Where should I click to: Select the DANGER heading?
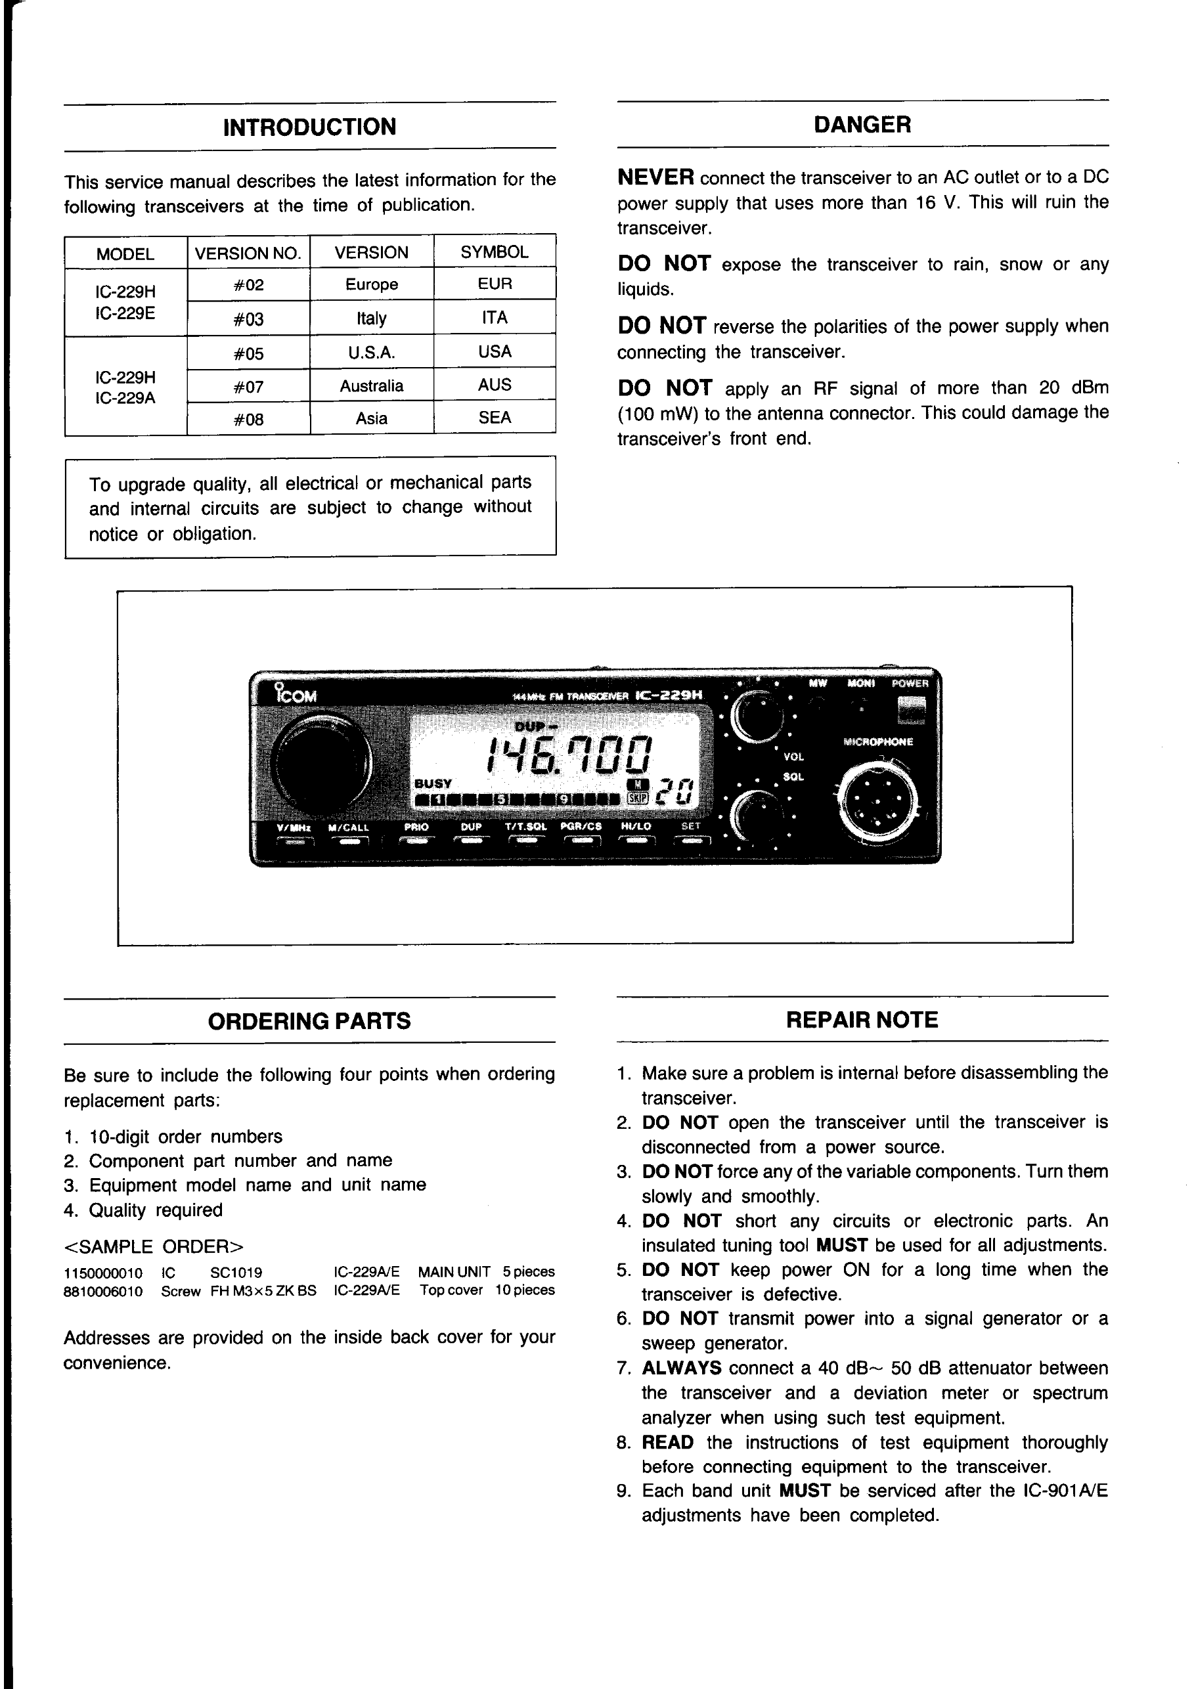pos(862,125)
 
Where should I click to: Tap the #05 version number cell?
pos(249,354)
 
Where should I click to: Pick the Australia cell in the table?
pos(372,386)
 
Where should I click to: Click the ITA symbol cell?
pos(495,318)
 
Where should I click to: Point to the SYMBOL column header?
pos(495,252)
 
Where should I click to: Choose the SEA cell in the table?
pos(495,418)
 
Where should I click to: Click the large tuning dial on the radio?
pos(322,763)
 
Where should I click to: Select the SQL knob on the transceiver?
pos(758,816)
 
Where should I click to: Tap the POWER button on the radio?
pos(911,709)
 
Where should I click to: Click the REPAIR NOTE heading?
pos(862,1020)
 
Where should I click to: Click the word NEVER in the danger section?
pos(655,177)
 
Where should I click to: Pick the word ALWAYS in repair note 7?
pos(681,1369)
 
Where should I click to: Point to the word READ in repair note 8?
pos(667,1443)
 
